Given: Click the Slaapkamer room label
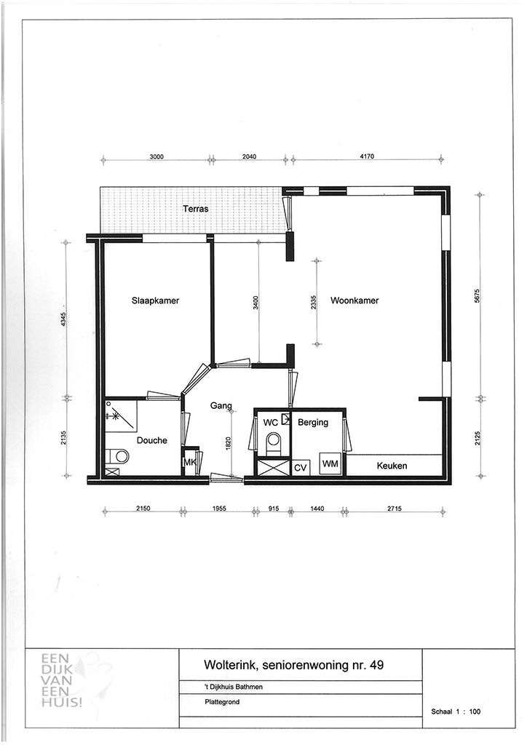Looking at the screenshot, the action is coord(155,300).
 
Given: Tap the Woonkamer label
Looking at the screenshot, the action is coord(354,300).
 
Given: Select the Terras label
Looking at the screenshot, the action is coord(196,209).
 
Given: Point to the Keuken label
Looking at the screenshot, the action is coord(392,466).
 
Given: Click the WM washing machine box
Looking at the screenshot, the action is coord(330,463).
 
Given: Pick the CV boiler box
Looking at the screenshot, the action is coord(301,468).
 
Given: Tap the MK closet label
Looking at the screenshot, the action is coord(189,462).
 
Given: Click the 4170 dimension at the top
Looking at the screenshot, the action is coord(366,156).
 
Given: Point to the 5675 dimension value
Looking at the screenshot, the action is coord(477,298).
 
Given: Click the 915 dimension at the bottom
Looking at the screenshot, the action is coord(274,509).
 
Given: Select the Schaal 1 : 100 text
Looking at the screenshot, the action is coord(456,712).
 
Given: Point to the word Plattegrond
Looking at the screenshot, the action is coord(222,701).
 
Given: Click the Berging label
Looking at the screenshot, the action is coord(313,423).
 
